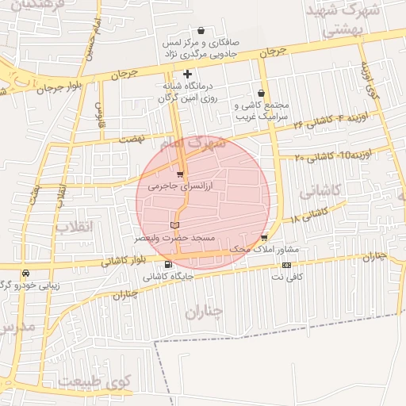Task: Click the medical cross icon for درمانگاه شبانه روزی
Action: tap(187, 75)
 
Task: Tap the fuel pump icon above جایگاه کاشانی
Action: tap(167, 265)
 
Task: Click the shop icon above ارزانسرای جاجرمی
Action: tap(180, 174)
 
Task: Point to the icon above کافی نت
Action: tap(286, 265)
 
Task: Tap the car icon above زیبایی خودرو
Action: tap(27, 273)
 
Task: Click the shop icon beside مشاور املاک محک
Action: tap(263, 238)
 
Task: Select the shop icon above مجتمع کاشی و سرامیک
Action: tap(261, 93)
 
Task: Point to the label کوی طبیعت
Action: tap(99, 382)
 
